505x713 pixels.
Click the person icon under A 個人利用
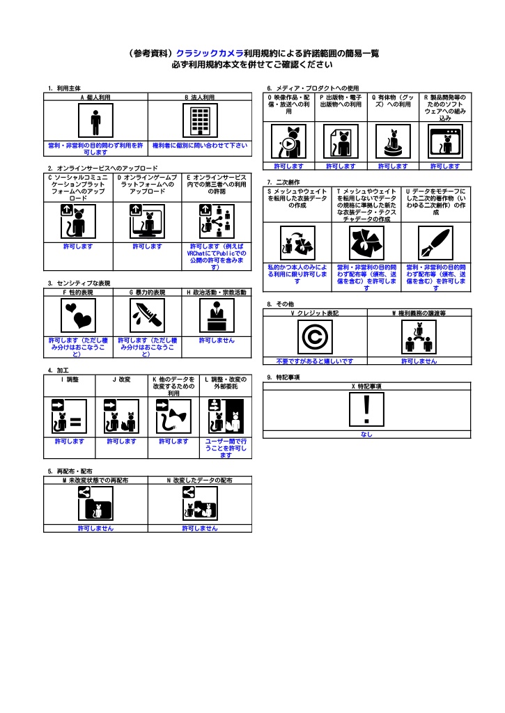(x=95, y=120)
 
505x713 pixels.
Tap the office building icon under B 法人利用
(x=200, y=120)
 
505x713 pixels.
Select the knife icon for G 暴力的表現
(x=148, y=315)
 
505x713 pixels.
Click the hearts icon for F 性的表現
(x=78, y=315)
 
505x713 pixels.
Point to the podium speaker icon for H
(x=217, y=315)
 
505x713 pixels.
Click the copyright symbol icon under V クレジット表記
(x=315, y=337)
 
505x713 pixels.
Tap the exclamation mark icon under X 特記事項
(x=366, y=409)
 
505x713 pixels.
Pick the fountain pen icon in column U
(x=436, y=243)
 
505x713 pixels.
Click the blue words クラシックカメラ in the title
(x=210, y=54)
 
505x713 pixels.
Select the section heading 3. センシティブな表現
(x=79, y=283)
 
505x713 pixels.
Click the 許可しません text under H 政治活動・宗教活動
(x=217, y=340)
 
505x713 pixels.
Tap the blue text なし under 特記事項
(x=366, y=434)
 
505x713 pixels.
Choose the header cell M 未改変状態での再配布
(x=95, y=480)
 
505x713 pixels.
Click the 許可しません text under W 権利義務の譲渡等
(x=419, y=361)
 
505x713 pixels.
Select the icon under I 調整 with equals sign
(x=69, y=416)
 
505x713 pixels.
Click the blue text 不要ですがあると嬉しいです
(x=315, y=361)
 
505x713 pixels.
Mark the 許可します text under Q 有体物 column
(x=393, y=166)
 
